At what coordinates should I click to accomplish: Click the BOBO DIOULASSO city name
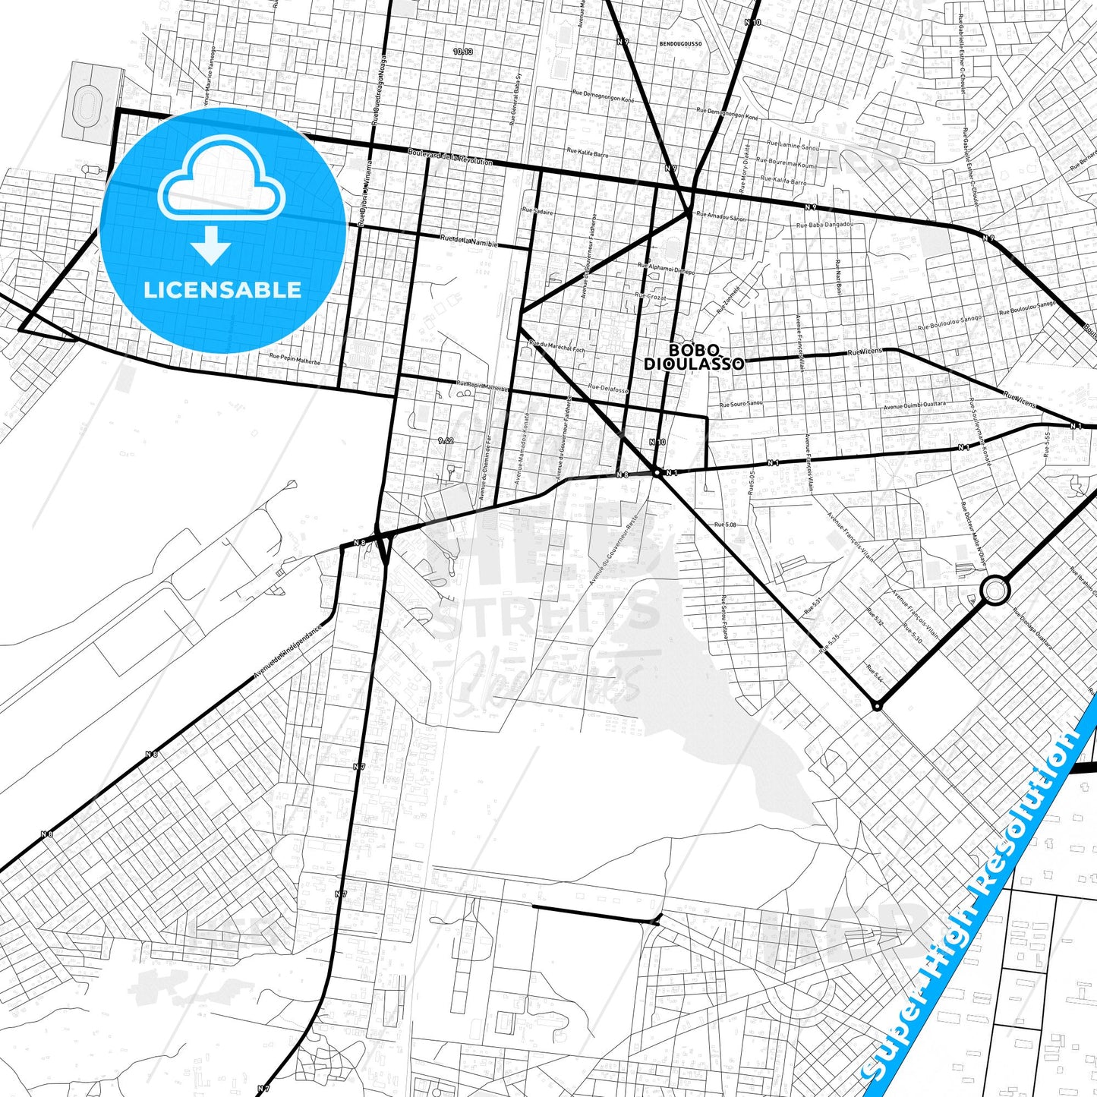point(694,357)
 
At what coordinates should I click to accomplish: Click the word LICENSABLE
point(222,290)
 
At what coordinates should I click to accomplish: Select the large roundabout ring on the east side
point(995,590)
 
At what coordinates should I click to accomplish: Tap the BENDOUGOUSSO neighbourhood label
point(670,44)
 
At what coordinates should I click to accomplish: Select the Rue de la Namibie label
point(469,241)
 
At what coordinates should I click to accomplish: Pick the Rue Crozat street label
point(651,297)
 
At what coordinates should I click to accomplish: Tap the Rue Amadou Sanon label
point(721,217)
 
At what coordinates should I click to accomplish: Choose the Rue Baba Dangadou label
point(825,225)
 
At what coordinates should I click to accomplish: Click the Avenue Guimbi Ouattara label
point(915,405)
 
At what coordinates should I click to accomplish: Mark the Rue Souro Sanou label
point(742,405)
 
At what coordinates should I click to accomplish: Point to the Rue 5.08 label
point(725,525)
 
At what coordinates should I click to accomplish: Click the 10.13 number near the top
point(462,52)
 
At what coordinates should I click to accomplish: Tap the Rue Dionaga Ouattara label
point(1032,632)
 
